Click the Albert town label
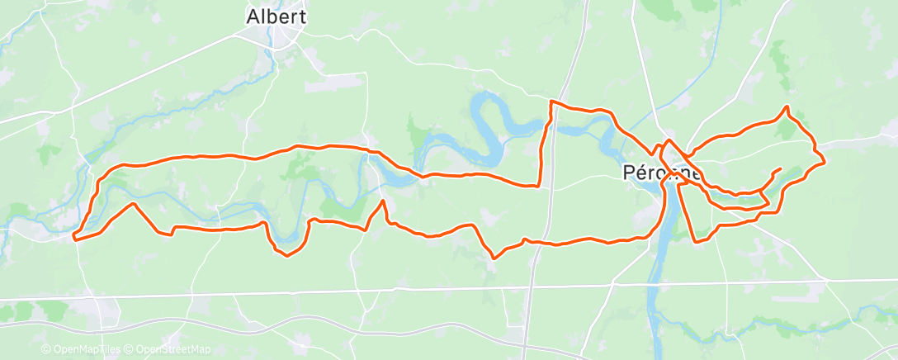pyautogui.click(x=276, y=17)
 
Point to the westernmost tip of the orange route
pyautogui.click(x=74, y=238)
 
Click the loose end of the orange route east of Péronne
pyautogui.click(x=780, y=169)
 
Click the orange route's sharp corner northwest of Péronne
pyautogui.click(x=551, y=102)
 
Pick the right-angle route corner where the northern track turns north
pyautogui.click(x=540, y=185)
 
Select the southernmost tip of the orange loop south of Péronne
pyautogui.click(x=697, y=242)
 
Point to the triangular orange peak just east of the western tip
pyautogui.click(x=132, y=203)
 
